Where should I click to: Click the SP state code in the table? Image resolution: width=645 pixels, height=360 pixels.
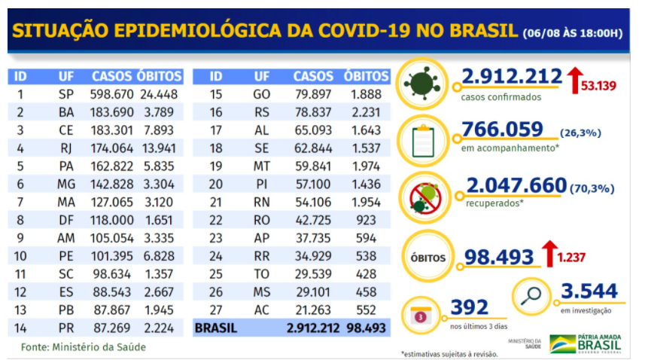(65, 94)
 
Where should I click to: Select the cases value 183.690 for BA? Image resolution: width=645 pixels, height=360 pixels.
(112, 112)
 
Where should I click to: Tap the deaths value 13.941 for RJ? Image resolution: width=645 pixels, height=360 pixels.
(160, 148)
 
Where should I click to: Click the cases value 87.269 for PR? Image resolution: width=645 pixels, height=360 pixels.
(112, 328)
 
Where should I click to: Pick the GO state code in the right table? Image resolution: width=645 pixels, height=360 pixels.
(262, 94)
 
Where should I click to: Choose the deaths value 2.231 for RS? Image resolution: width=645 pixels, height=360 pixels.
(366, 112)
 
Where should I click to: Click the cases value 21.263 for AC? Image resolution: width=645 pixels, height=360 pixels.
(313, 310)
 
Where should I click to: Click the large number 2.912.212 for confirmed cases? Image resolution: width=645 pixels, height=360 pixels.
(512, 77)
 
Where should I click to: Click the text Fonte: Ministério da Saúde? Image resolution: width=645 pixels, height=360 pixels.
(83, 347)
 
